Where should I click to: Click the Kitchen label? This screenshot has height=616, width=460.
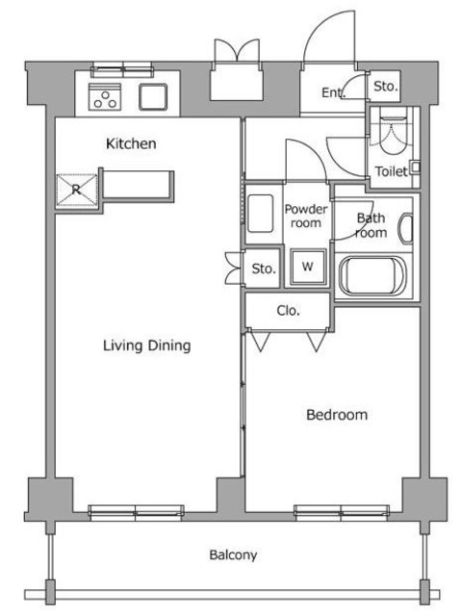click(x=131, y=143)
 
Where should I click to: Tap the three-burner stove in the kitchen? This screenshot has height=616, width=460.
click(x=105, y=96)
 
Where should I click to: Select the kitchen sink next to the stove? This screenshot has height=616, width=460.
click(x=153, y=96)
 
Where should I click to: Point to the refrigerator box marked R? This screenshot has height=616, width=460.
click(x=77, y=190)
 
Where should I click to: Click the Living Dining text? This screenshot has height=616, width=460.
click(x=147, y=346)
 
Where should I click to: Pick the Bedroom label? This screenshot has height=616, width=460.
click(x=337, y=415)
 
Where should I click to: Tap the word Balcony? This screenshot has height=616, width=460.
click(x=233, y=554)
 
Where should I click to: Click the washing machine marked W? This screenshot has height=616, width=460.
click(x=308, y=267)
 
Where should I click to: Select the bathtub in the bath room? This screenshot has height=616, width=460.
click(x=371, y=275)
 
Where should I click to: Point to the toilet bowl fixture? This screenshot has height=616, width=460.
click(x=393, y=134)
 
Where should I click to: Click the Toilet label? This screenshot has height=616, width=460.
click(x=391, y=171)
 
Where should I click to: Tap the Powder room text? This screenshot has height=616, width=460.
click(x=306, y=216)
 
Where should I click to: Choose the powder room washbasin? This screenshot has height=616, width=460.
click(x=260, y=214)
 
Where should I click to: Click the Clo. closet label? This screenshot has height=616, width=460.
click(x=289, y=311)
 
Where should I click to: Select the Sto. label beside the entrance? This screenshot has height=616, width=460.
click(x=385, y=87)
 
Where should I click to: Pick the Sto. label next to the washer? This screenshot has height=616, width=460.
click(x=264, y=269)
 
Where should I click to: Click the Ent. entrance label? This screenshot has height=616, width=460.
click(x=334, y=92)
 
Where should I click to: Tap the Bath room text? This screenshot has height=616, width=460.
click(x=371, y=225)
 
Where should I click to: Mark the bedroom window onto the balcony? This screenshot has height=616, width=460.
click(x=342, y=512)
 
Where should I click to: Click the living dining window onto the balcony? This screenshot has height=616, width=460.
click(x=136, y=512)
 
